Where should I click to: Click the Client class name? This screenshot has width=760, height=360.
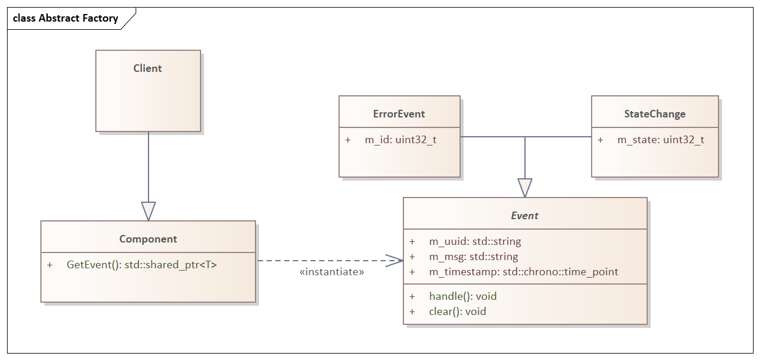(147, 68)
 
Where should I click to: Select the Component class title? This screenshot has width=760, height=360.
(148, 239)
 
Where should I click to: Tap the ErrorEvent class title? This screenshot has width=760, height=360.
(399, 114)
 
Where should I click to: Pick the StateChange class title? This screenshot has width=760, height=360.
(655, 114)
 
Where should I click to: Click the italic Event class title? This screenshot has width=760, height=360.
(524, 216)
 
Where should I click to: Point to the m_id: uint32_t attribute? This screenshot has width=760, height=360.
(400, 140)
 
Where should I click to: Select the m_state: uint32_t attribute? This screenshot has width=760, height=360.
(661, 140)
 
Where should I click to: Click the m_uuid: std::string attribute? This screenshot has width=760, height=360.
(475, 241)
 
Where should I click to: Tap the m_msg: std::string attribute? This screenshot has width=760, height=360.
(474, 257)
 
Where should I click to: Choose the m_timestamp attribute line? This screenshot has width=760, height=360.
(523, 272)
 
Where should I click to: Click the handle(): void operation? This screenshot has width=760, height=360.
(462, 296)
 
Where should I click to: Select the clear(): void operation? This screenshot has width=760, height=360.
(457, 311)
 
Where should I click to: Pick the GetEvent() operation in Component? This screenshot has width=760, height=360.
(141, 265)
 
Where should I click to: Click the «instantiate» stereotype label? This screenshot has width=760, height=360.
(331, 272)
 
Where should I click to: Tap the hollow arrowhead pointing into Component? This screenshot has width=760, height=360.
(148, 211)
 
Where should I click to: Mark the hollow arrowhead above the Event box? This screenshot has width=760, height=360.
(525, 188)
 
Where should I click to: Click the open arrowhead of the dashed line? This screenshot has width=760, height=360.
(396, 261)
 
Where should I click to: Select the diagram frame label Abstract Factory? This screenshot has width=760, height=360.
(65, 18)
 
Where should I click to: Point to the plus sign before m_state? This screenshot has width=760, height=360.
(600, 140)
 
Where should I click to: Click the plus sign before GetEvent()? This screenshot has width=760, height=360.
(50, 265)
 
